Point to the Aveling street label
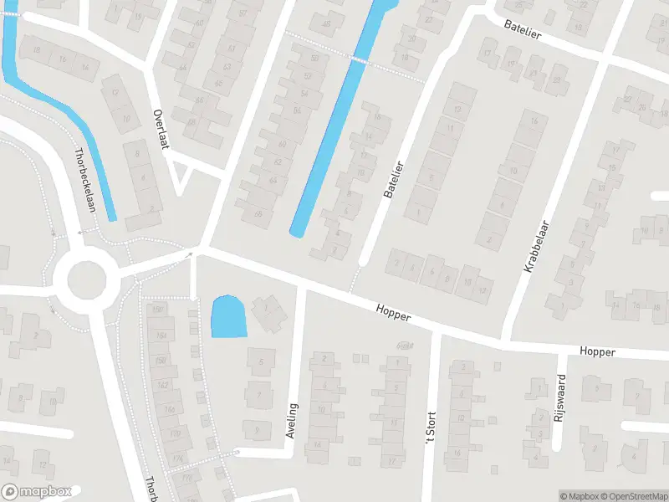pos(292,421)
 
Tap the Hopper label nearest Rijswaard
pos(596,352)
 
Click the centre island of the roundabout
pos(84,279)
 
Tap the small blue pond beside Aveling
pos(228,317)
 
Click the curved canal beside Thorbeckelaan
pos(63,109)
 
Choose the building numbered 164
pos(161,336)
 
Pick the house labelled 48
pos(326,24)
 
